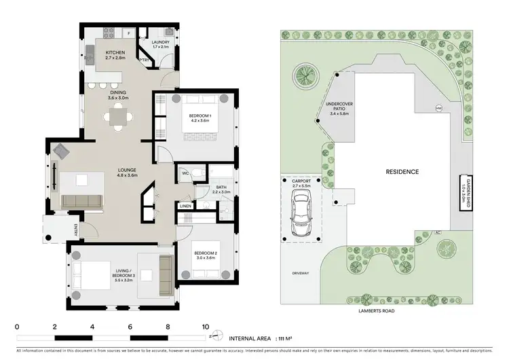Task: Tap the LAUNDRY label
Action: point(161,43)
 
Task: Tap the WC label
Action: point(184,173)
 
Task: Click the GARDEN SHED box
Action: point(465,191)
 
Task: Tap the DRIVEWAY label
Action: point(301,274)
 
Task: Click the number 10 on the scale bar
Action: point(206,327)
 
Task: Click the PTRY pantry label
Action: point(145,60)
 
